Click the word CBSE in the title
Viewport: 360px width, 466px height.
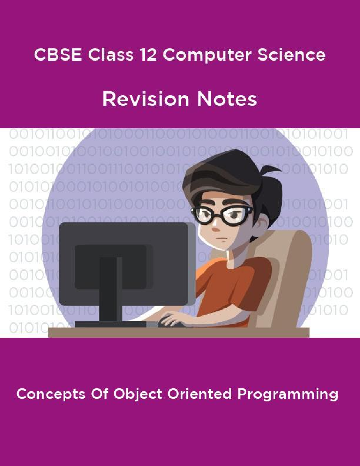click(x=58, y=55)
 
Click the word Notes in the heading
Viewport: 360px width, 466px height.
click(x=227, y=99)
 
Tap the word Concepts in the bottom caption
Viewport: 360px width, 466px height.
click(x=51, y=394)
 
